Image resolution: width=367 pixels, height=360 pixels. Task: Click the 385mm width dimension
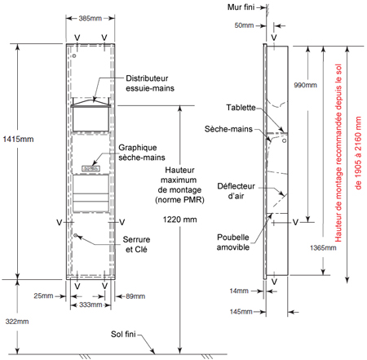click(x=91, y=19)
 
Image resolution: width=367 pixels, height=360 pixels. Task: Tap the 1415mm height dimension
click(x=18, y=140)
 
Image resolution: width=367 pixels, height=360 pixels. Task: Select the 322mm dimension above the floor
click(x=17, y=322)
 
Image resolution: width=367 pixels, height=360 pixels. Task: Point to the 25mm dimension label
click(x=43, y=296)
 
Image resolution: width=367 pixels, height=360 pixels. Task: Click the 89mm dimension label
click(x=135, y=296)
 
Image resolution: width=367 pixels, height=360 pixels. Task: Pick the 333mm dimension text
click(x=91, y=304)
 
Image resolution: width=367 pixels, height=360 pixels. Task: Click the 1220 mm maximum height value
click(x=179, y=220)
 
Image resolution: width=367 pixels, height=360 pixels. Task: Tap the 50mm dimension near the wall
click(x=244, y=25)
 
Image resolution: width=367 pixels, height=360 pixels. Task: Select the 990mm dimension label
click(x=305, y=85)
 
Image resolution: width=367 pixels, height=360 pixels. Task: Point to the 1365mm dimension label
click(x=323, y=248)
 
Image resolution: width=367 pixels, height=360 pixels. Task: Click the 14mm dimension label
click(x=239, y=291)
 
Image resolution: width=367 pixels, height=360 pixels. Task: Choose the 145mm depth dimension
click(x=241, y=312)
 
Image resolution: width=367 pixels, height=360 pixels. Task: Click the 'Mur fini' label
click(x=241, y=7)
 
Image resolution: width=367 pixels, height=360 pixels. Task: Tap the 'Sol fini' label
click(x=123, y=334)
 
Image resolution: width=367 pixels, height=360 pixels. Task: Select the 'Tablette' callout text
click(x=241, y=108)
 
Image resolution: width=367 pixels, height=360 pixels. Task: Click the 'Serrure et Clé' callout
click(x=136, y=244)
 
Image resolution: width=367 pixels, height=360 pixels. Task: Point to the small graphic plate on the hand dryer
click(x=91, y=169)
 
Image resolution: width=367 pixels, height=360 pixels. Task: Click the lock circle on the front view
click(x=76, y=235)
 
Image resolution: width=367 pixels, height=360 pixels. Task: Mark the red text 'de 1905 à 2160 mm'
click(x=358, y=153)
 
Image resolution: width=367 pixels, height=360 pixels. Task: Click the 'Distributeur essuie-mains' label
click(x=150, y=83)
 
